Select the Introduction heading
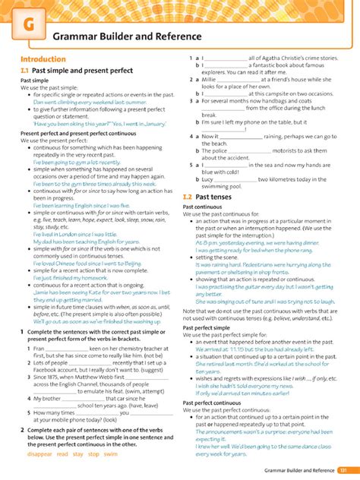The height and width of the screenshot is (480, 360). pos(43,58)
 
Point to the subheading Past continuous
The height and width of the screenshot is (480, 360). pos(202,207)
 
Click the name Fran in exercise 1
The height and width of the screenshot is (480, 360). pos(39,327)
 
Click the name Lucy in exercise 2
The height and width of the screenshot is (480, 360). pos(208,179)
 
